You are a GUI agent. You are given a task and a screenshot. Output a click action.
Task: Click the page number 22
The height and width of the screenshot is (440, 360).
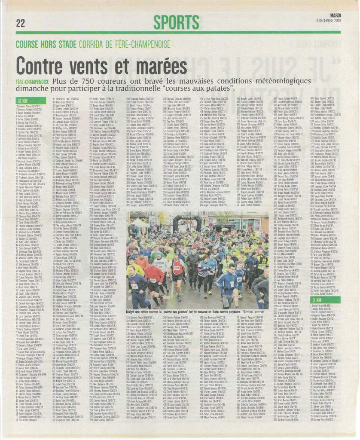pos(20,23)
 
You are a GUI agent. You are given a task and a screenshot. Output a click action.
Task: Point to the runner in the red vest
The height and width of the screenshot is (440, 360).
pos(177,268)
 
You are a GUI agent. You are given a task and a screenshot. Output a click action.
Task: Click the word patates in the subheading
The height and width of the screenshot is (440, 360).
pos(223,89)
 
